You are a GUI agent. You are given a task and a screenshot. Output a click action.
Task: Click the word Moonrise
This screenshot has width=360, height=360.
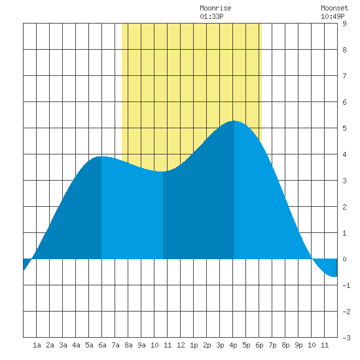point(215,8)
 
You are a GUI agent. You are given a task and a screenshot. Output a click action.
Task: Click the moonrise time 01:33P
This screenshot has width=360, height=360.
point(211,16)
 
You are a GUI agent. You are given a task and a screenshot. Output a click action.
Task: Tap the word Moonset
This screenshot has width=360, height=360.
point(334,8)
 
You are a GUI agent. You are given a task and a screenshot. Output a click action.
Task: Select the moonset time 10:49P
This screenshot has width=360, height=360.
point(333,16)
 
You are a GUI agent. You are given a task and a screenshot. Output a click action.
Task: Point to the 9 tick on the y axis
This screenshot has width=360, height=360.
point(344,24)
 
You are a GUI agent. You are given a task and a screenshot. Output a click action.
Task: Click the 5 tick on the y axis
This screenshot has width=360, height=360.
point(344,128)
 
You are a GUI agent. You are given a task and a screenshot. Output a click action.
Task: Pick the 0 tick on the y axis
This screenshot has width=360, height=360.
point(344,259)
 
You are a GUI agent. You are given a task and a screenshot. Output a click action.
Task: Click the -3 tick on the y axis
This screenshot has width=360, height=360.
point(346,338)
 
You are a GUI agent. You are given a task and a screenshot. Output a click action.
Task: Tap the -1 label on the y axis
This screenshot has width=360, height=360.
point(346,285)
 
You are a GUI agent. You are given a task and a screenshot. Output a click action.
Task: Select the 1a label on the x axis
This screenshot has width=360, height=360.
point(37,345)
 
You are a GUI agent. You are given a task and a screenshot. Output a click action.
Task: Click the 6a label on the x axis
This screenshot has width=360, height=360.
point(102,345)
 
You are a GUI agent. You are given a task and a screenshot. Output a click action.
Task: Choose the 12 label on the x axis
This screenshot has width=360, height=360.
point(181,345)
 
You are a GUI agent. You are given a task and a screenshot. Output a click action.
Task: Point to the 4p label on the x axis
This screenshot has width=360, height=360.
point(233,345)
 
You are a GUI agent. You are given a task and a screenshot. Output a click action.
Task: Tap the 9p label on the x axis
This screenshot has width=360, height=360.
point(298,345)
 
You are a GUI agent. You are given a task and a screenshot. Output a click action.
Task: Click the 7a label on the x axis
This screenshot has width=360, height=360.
point(115,345)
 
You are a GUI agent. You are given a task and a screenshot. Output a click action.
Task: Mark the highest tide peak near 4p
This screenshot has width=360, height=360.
point(234,121)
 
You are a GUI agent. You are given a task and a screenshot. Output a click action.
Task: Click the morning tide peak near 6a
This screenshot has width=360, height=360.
point(101,156)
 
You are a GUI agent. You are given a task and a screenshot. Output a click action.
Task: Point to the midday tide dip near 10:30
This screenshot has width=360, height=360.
point(163,171)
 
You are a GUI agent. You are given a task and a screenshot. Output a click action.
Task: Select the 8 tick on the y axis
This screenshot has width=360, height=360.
point(344,50)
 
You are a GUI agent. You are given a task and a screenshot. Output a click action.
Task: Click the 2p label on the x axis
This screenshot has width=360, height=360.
point(207,345)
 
